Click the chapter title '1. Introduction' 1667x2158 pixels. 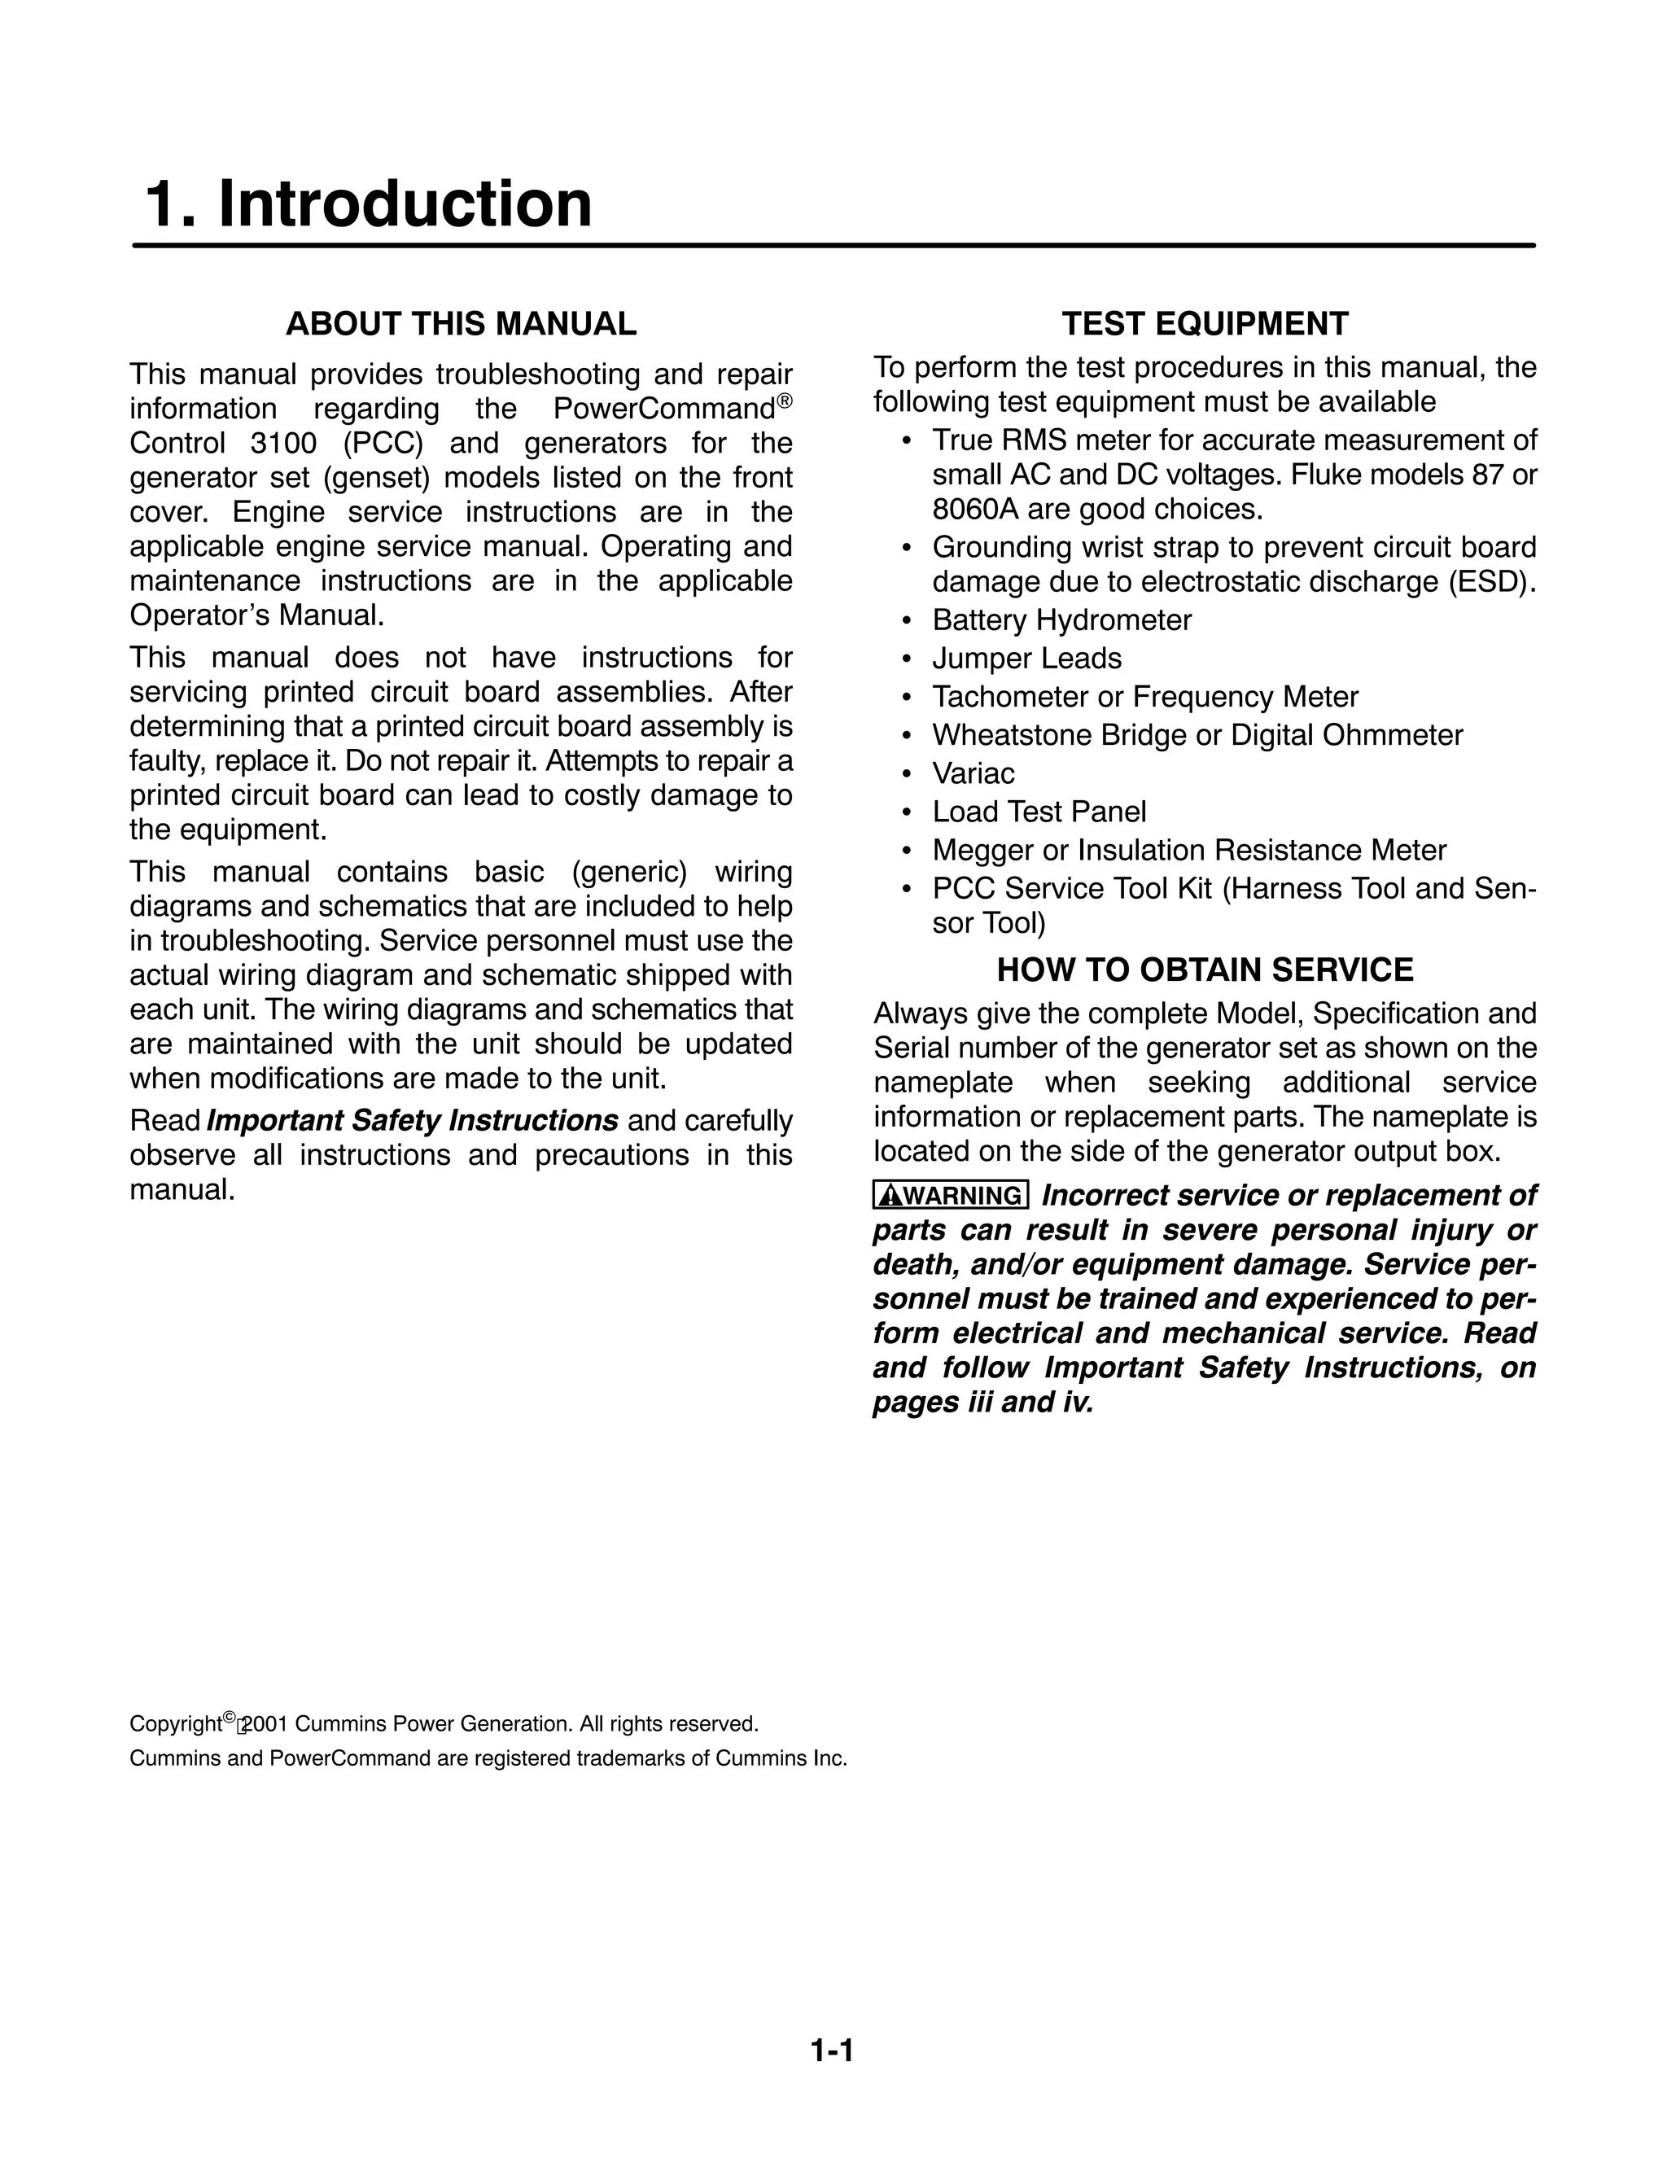tap(369, 204)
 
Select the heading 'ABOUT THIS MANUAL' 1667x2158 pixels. tap(461, 324)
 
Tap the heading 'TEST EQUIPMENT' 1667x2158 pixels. tap(1205, 324)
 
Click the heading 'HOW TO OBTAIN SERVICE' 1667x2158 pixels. tap(1205, 970)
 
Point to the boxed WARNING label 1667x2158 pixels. tap(951, 1196)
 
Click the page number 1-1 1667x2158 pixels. tap(832, 2051)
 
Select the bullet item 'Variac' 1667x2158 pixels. tap(974, 773)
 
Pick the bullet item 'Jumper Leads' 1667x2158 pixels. tap(1026, 658)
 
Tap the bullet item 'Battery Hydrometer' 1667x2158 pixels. tap(1061, 620)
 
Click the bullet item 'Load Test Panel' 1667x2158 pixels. tap(1039, 812)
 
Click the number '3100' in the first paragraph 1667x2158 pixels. tap(283, 444)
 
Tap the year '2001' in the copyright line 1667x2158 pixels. tap(265, 1724)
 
